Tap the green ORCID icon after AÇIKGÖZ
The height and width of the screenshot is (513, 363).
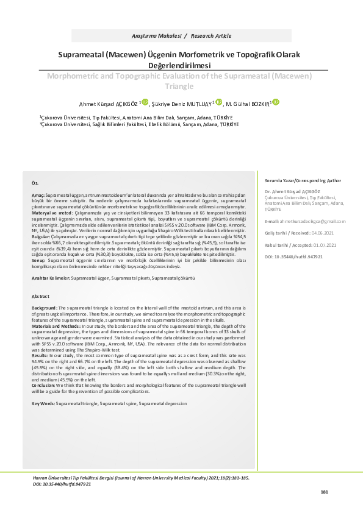(145, 102)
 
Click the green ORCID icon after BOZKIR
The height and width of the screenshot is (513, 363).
(276, 102)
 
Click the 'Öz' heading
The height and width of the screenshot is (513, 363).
(35, 166)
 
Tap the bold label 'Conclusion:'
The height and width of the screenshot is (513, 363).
(46, 385)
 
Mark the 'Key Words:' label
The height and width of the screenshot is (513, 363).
(44, 403)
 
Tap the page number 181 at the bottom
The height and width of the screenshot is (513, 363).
(324, 492)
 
